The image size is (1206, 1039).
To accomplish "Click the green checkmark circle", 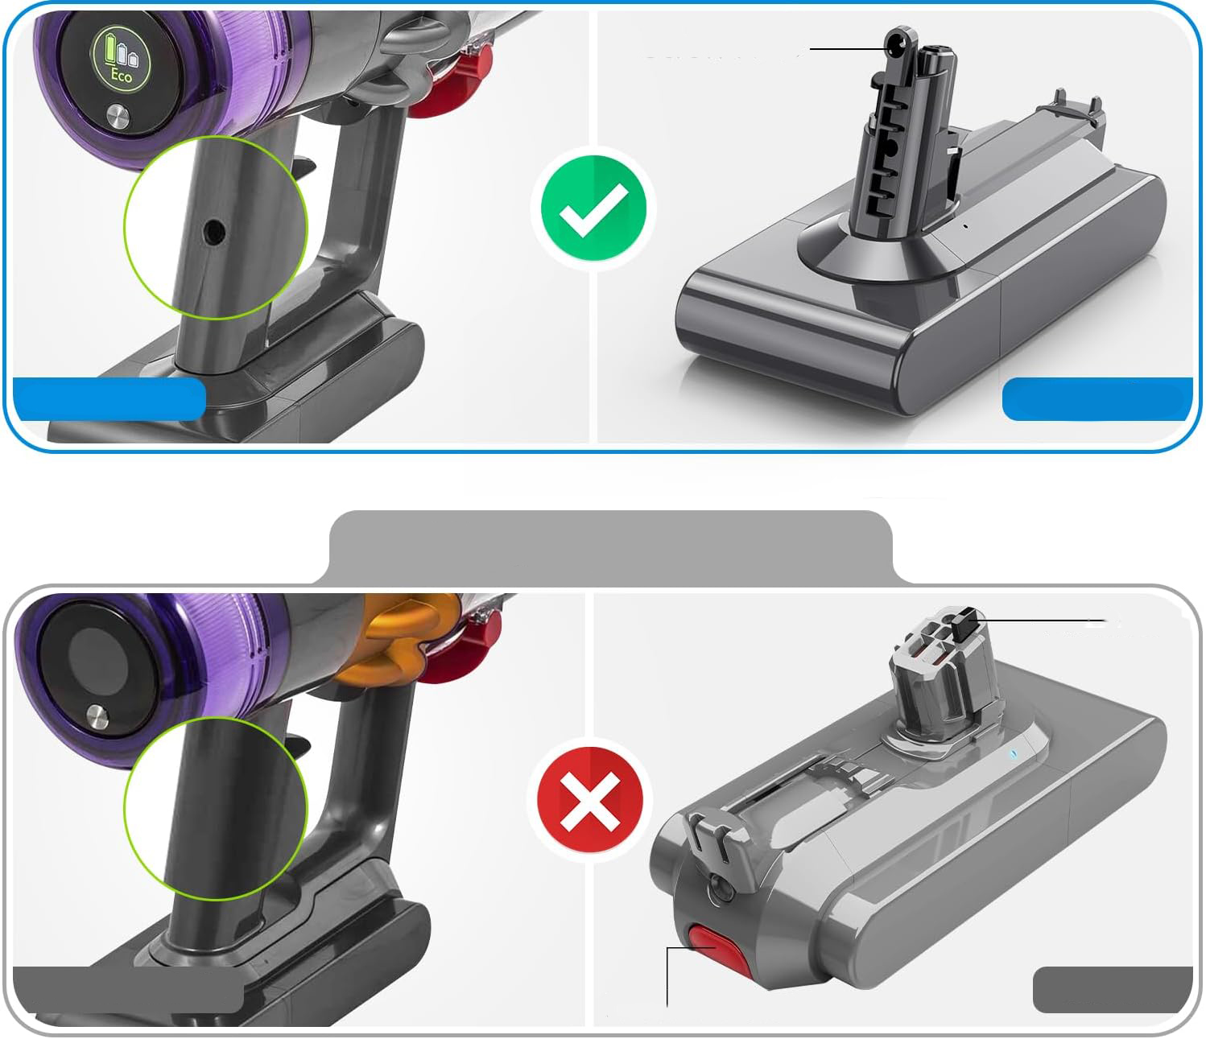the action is point(593,208).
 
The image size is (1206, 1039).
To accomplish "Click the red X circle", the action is point(590,800).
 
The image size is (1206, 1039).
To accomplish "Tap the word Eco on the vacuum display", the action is point(122,76).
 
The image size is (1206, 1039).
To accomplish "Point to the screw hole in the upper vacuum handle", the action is point(213,232).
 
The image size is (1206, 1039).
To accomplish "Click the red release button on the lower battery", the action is point(718,950).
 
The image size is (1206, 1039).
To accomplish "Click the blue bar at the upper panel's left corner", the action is point(109,399).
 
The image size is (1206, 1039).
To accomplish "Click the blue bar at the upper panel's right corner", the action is point(1097,399).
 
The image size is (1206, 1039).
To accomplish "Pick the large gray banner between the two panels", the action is point(611,547).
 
